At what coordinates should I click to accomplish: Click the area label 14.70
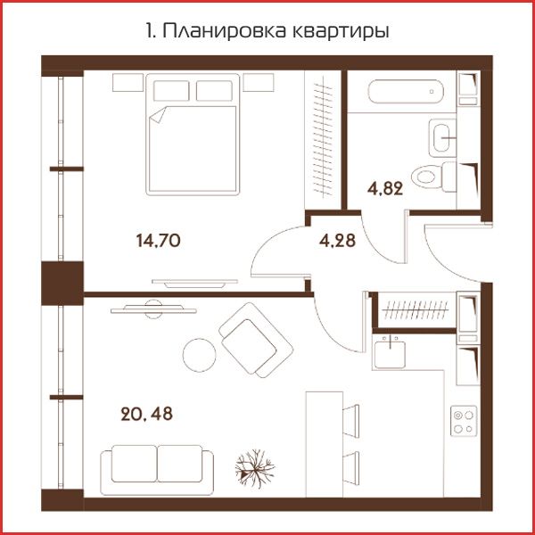(159, 241)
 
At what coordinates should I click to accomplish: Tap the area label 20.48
(147, 414)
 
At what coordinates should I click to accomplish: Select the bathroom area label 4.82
(385, 188)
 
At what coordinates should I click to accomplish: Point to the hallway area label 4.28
(337, 240)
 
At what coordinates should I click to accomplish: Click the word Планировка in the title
(224, 32)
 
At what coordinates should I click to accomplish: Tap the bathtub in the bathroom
(406, 92)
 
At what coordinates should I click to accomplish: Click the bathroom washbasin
(442, 138)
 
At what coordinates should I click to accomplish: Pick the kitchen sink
(390, 352)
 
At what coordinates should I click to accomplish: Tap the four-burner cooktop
(464, 421)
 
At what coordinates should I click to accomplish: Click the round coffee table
(199, 355)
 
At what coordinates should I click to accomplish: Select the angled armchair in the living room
(256, 341)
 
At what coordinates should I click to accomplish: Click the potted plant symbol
(255, 468)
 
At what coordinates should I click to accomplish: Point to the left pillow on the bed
(171, 91)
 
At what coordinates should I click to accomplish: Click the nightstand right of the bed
(259, 82)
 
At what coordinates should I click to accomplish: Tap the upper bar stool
(351, 421)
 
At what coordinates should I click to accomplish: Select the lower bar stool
(351, 468)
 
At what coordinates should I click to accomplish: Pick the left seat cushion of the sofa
(134, 464)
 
